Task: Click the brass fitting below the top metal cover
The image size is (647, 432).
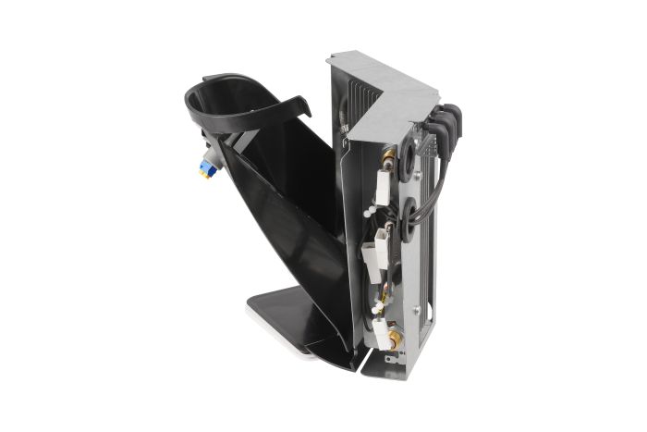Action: pyautogui.click(x=389, y=156)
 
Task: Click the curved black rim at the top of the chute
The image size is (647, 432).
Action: pyautogui.click(x=231, y=102)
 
